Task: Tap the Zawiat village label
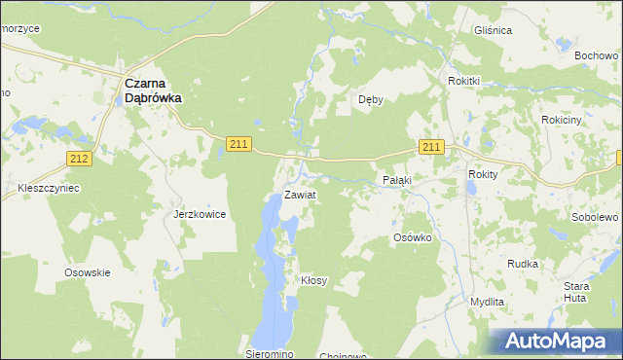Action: pyautogui.click(x=300, y=195)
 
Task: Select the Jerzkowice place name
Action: pyautogui.click(x=200, y=213)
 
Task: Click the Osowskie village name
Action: pyautogui.click(x=87, y=272)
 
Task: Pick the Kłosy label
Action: pyautogui.click(x=313, y=280)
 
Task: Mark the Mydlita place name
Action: pyautogui.click(x=487, y=302)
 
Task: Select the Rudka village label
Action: pyautogui.click(x=523, y=264)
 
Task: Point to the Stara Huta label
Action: pyautogui.click(x=577, y=292)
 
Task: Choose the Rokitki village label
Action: pyautogui.click(x=465, y=81)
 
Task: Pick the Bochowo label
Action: pyautogui.click(x=597, y=56)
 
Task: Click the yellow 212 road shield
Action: pyautogui.click(x=80, y=158)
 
